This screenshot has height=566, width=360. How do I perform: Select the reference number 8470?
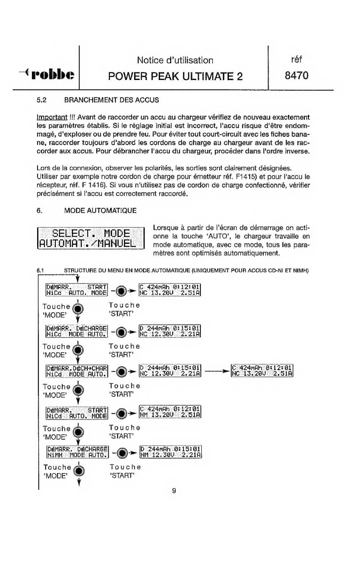point(297,75)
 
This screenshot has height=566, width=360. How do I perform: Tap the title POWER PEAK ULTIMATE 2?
point(175,76)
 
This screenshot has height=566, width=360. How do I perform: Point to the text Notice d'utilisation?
point(175,60)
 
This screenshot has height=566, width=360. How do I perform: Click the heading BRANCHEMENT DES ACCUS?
point(111,100)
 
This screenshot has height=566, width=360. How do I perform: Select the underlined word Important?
point(52,117)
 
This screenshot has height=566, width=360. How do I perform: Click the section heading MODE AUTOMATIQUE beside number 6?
point(100,210)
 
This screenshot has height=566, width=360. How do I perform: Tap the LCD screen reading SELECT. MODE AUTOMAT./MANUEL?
point(91,238)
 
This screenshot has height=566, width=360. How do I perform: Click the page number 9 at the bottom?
point(174,491)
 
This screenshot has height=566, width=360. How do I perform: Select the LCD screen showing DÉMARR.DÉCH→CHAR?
point(77,370)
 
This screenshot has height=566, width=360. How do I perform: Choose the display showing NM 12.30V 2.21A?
point(170,451)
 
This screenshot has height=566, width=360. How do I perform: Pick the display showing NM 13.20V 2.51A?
point(170,412)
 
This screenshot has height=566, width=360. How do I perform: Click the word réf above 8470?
point(296,60)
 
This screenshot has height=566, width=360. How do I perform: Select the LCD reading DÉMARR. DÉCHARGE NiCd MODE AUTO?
point(77,331)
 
